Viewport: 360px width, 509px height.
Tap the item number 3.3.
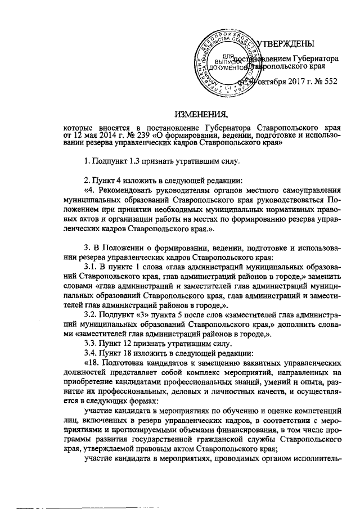click(x=91, y=343)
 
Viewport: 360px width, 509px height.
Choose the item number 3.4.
click(x=91, y=353)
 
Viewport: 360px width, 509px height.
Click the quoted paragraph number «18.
click(x=91, y=364)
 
